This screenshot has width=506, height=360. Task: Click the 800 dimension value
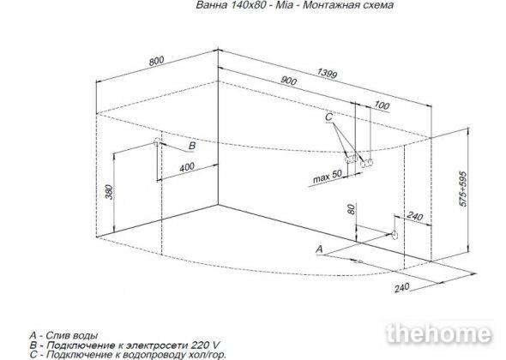click(156, 61)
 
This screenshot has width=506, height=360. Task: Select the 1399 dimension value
click(328, 74)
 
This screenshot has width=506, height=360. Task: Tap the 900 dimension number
click(288, 81)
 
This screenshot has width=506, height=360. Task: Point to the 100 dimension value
click(382, 105)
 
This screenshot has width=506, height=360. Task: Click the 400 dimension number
click(187, 167)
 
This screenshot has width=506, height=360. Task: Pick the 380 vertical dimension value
click(110, 192)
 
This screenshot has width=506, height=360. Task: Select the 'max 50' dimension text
click(328, 177)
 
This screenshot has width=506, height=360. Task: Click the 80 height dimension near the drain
click(352, 209)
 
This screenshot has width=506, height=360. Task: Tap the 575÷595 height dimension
click(463, 189)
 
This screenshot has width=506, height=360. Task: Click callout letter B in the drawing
click(192, 146)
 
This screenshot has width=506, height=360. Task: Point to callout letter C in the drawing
click(328, 117)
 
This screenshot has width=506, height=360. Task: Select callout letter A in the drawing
click(319, 249)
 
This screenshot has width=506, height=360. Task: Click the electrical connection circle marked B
click(156, 141)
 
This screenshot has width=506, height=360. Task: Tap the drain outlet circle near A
click(395, 235)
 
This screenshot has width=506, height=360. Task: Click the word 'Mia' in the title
click(284, 5)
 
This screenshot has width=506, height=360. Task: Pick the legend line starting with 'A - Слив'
click(63, 335)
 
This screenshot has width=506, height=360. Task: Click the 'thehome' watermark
click(438, 333)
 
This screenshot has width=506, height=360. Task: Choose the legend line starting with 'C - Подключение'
click(128, 355)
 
